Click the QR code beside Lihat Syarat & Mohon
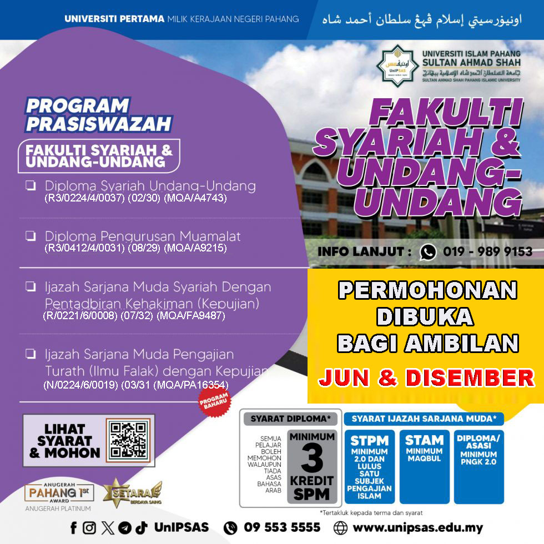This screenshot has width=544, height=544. click(128, 441)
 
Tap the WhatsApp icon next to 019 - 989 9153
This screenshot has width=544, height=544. click(428, 252)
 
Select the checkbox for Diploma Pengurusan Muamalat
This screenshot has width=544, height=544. click(31, 236)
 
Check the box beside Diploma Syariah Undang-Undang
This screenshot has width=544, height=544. click(31, 186)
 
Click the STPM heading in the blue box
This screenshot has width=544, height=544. click(369, 441)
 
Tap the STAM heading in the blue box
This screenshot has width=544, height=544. click(424, 440)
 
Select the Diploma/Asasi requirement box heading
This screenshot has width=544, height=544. click(478, 441)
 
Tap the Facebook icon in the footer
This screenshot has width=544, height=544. click(73, 528)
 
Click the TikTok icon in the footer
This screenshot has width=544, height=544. click(142, 528)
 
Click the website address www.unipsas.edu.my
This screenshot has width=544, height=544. click(417, 528)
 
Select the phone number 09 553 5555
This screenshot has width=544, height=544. click(282, 527)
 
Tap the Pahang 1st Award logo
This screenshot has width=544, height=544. click(58, 492)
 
